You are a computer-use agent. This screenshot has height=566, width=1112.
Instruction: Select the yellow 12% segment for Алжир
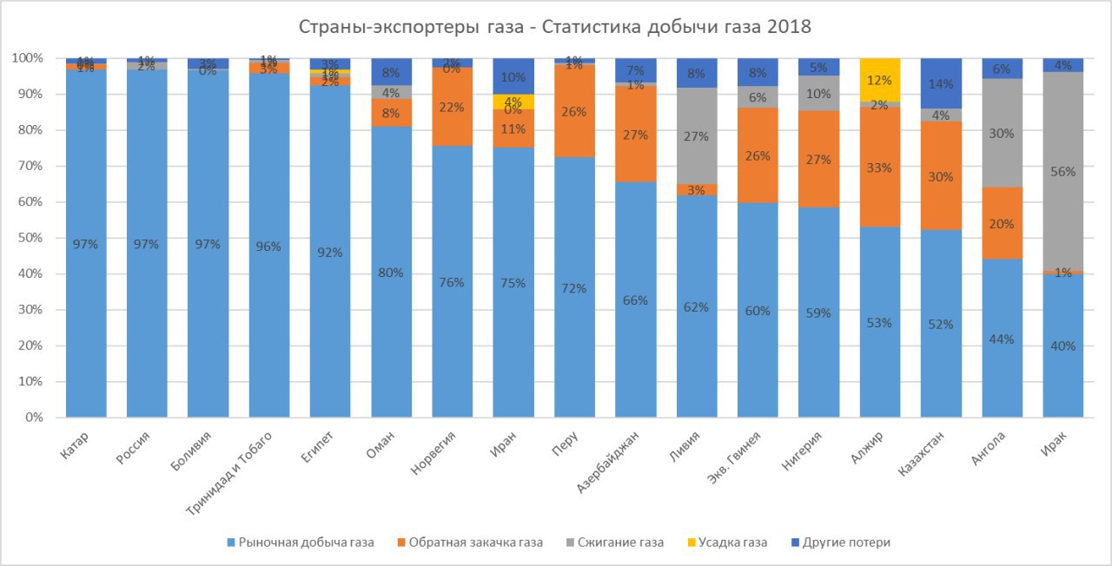[x=879, y=80]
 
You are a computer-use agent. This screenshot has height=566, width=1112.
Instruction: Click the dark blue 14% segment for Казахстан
[x=941, y=83]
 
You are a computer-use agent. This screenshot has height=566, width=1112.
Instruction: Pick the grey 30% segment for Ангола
[x=1002, y=133]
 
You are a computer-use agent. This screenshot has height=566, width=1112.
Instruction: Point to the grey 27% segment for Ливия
[x=697, y=135]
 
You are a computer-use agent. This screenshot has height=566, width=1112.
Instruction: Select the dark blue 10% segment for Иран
[x=513, y=76]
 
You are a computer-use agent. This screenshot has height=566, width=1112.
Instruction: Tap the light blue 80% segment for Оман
[x=391, y=272]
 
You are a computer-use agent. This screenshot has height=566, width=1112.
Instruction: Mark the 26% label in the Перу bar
[x=574, y=111]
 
